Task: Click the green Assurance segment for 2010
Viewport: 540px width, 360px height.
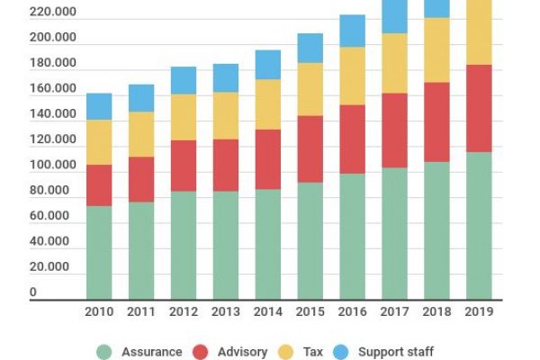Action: pos(99,252)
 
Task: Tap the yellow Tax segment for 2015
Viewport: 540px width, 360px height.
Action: pos(310,89)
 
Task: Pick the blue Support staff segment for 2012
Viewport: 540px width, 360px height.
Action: pos(184,80)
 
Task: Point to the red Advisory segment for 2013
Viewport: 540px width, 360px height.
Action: pos(226,165)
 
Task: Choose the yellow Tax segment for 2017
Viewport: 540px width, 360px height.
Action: pos(395,63)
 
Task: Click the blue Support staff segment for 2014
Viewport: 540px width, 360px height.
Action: pos(268,64)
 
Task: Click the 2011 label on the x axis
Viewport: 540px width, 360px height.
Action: pos(141,311)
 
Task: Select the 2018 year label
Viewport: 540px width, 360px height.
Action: pos(437,311)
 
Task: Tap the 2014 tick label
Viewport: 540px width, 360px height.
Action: pos(268,311)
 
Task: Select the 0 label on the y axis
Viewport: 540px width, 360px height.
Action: pos(33,292)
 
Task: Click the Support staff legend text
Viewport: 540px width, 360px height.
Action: pos(396,352)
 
